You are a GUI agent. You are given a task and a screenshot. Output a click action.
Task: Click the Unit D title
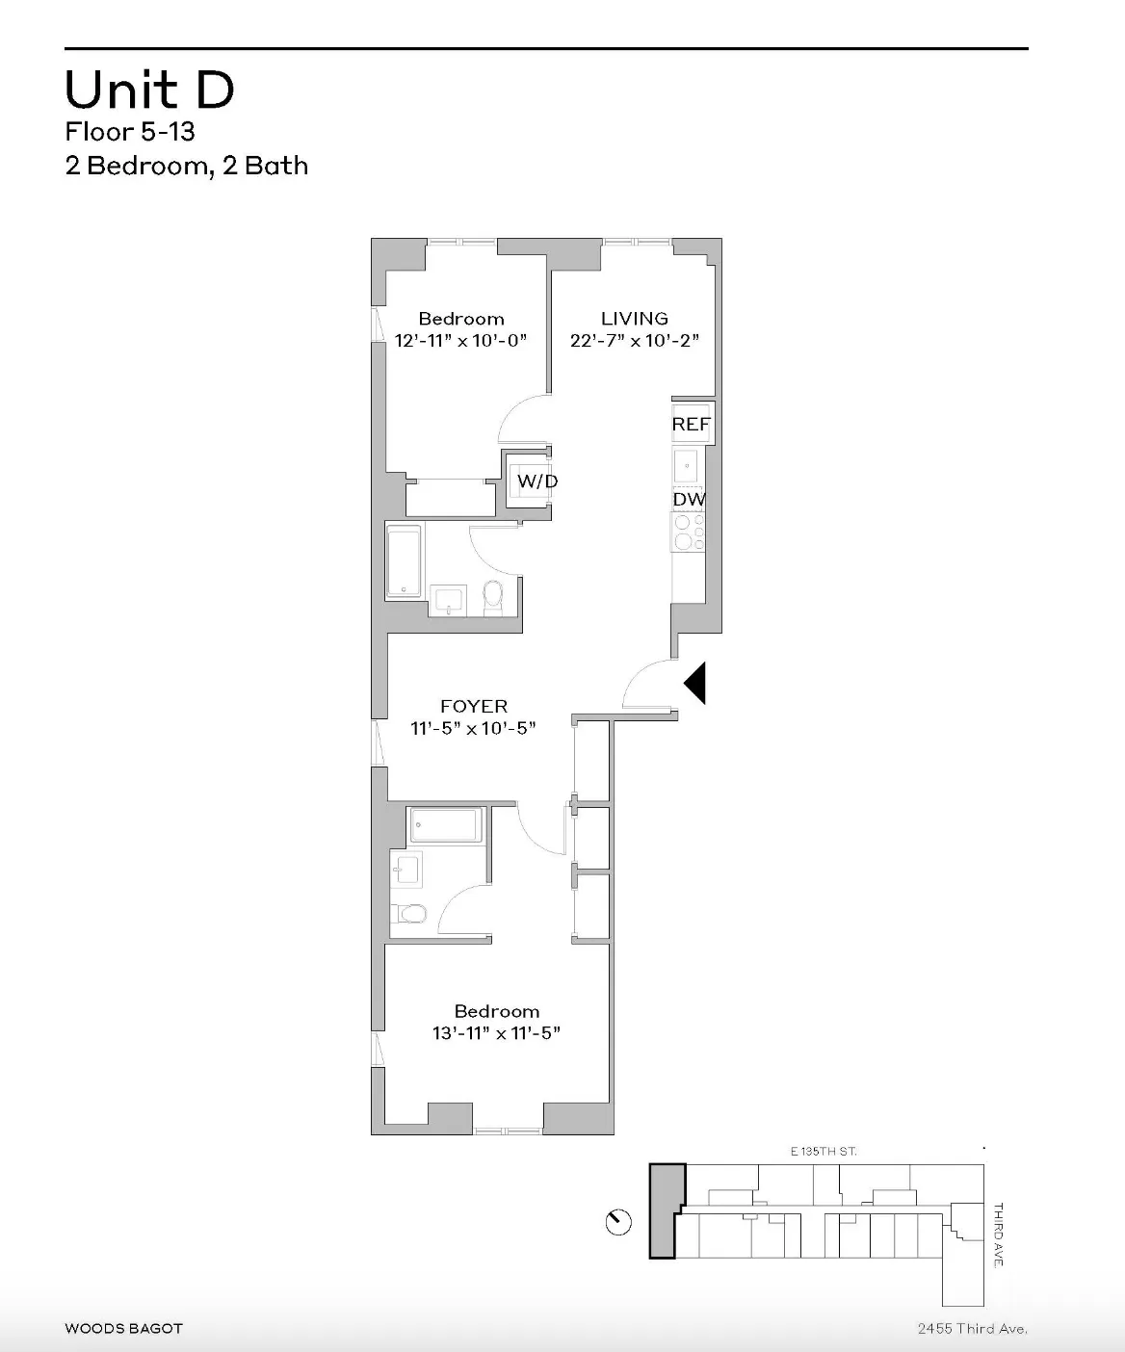tap(149, 91)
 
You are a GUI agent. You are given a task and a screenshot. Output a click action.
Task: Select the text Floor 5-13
tap(130, 131)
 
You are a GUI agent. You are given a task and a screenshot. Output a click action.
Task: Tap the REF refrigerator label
tap(691, 425)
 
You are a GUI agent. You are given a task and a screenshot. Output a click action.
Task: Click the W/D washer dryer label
tap(536, 481)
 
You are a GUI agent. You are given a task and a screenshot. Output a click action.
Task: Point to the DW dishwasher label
tap(689, 500)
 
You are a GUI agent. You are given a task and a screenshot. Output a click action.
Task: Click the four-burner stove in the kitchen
tap(688, 532)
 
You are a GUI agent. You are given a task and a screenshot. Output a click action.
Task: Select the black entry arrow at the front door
tap(695, 683)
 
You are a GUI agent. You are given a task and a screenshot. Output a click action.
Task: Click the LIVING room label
tap(634, 318)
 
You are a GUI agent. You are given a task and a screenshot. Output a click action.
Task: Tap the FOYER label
tap(473, 707)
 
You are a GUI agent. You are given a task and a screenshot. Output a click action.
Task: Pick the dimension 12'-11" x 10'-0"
tap(460, 341)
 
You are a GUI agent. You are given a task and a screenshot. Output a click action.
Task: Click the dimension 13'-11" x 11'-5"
tap(496, 1033)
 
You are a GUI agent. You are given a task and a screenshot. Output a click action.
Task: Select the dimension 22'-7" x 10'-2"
tap(634, 341)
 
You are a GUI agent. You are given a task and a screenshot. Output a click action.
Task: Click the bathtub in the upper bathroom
tap(404, 560)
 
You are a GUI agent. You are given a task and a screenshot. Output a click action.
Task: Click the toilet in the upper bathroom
tap(492, 597)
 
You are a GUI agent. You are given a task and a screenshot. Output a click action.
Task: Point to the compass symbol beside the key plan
tap(618, 1223)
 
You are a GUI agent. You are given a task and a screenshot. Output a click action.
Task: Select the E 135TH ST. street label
tap(822, 1151)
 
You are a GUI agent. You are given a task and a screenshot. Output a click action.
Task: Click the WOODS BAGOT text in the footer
tap(123, 1329)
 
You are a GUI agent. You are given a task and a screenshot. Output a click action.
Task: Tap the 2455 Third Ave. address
tap(972, 1330)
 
